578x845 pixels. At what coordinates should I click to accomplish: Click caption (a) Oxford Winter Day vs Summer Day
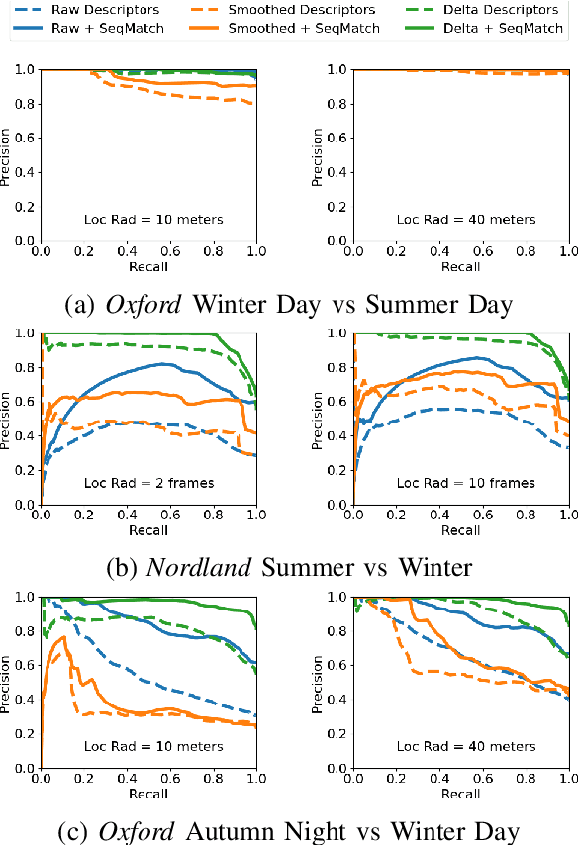click(288, 305)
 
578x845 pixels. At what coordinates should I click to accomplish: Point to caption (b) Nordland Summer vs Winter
click(288, 568)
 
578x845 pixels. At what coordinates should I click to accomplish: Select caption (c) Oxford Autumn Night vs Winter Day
click(288, 831)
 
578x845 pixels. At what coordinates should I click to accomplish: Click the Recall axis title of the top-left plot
click(148, 267)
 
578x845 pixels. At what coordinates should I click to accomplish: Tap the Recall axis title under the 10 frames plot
click(461, 530)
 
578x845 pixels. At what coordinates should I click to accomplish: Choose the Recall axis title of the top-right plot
click(461, 267)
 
